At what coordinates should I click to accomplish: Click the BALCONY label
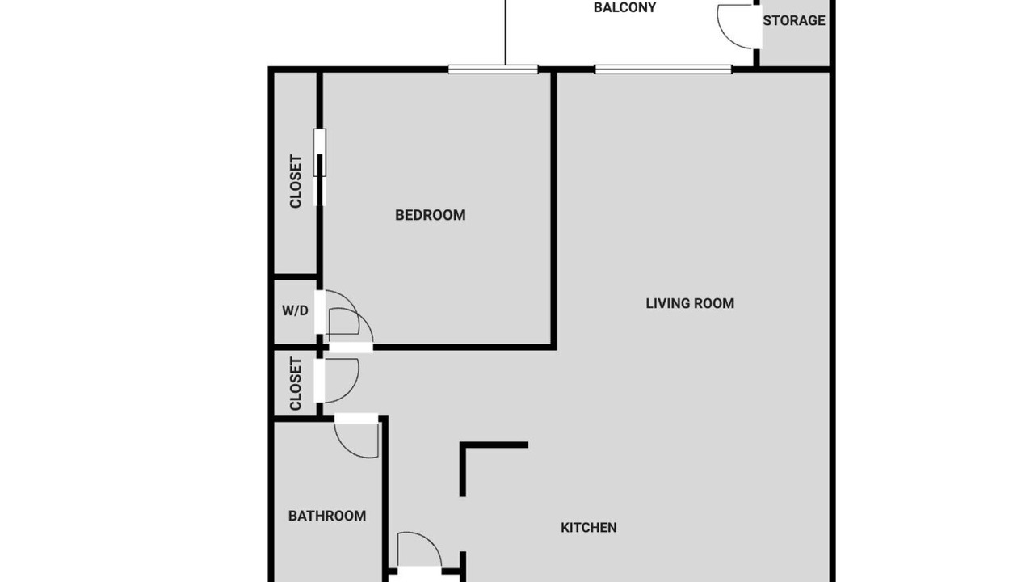[x=624, y=8]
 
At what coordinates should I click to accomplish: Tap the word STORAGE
[x=794, y=20]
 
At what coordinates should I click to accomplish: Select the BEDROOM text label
[x=431, y=215]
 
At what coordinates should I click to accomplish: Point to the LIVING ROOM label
[x=690, y=303]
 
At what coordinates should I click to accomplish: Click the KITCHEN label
[x=589, y=528]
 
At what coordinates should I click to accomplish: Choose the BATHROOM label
[x=327, y=516]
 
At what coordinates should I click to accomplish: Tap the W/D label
[x=295, y=311]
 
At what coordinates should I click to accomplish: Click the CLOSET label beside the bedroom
[x=296, y=182]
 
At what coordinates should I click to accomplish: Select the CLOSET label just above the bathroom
[x=296, y=383]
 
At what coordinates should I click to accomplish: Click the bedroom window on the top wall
[x=493, y=70]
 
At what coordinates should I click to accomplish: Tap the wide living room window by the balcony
[x=663, y=70]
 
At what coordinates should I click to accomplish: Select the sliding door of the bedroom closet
[x=319, y=167]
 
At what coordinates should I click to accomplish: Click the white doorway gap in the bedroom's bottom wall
[x=351, y=348]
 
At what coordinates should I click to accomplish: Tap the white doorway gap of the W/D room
[x=319, y=312]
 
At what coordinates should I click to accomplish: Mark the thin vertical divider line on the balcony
[x=506, y=32]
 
